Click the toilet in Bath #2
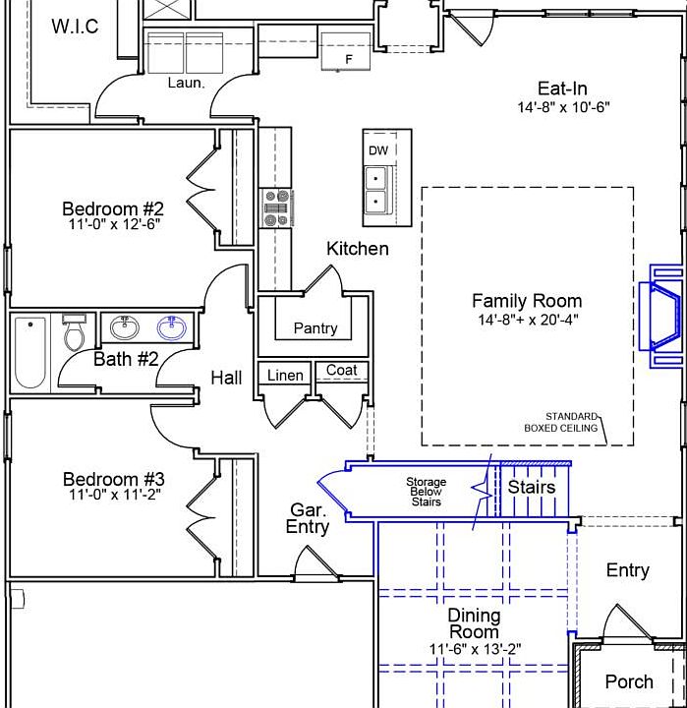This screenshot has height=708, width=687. click(x=74, y=332)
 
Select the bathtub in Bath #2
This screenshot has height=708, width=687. click(x=30, y=353)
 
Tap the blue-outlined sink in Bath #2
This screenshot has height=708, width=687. click(x=172, y=327)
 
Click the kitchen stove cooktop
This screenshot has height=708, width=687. click(x=277, y=207)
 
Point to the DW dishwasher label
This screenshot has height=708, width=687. click(x=378, y=150)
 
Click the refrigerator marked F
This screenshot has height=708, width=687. click(x=346, y=51)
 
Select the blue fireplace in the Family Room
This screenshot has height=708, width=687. click(x=665, y=316)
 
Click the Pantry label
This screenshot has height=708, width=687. click(x=315, y=327)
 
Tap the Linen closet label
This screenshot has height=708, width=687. click(x=285, y=376)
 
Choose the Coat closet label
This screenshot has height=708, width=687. click(x=342, y=370)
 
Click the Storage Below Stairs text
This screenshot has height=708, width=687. click(x=426, y=492)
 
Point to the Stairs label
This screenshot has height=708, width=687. click(x=532, y=487)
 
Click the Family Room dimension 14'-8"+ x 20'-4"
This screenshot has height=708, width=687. click(x=528, y=320)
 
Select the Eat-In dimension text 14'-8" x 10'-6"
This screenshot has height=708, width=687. click(x=563, y=107)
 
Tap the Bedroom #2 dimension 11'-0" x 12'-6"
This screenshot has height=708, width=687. click(x=115, y=224)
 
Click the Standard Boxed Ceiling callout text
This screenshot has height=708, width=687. click(x=560, y=422)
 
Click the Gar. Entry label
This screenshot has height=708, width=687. click(x=307, y=518)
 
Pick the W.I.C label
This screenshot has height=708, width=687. click(x=75, y=27)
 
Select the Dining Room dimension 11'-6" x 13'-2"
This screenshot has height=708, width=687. click(x=475, y=649)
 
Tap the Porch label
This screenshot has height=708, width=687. click(x=629, y=681)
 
